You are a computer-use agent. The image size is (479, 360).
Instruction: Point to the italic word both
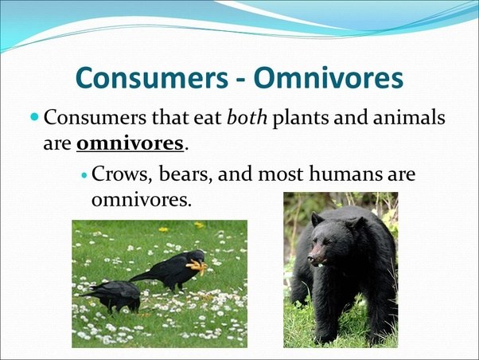pos(247,119)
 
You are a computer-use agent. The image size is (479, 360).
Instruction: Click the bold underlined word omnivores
pos(130,145)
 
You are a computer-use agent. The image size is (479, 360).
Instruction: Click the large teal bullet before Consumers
pos(34,117)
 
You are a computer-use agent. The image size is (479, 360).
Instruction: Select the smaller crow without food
pos(114,294)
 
